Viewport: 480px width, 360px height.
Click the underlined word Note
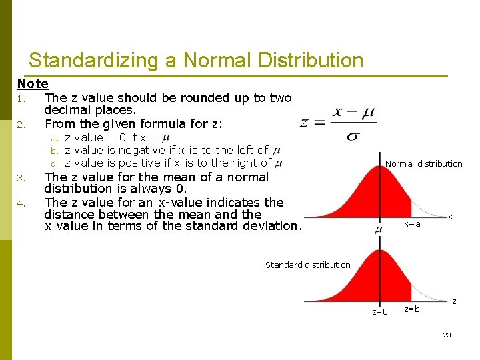coord(33,84)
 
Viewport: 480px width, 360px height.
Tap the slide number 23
coord(447,335)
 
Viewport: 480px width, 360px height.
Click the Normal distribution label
coord(423,163)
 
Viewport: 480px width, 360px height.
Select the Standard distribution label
coord(307,265)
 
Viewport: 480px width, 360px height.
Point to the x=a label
coord(413,224)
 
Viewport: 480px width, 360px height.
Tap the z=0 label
coord(380,311)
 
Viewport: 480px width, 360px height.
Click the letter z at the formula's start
coord(305,123)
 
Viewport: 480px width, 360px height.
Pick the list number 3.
coord(21,178)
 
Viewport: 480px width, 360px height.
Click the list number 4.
coord(21,203)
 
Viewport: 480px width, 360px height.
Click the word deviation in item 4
coord(270,225)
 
